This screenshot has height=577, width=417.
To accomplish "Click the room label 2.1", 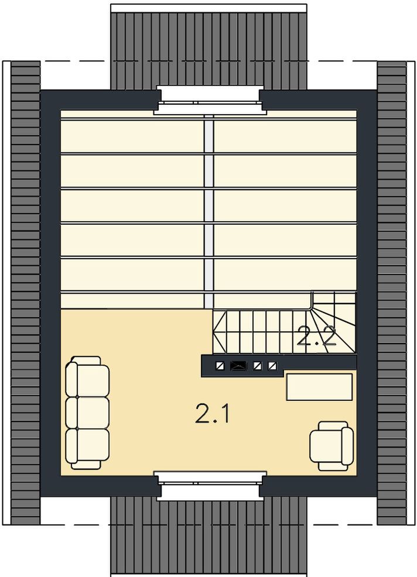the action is coord(213,414).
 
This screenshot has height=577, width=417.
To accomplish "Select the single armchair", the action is coord(331,446).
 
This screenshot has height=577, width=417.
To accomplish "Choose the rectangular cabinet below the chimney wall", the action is coord(319,387).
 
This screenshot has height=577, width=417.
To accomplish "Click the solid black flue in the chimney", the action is coord(238,366).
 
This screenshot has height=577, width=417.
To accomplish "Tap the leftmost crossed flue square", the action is coord(220,366).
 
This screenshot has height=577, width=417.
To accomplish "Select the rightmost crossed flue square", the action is coord(272,366).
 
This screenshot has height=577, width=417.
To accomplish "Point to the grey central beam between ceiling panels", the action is coord(209,212).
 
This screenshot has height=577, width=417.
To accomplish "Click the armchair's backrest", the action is coord(347,446).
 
